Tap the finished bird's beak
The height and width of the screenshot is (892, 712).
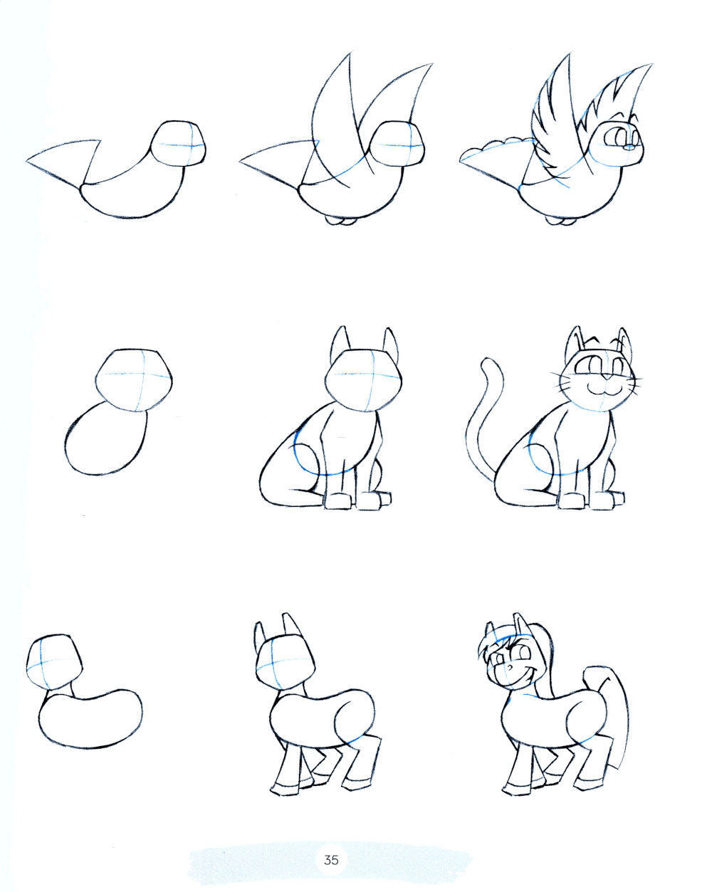point(629,147)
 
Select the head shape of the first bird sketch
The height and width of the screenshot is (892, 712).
point(178,143)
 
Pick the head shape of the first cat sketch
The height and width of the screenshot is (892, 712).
point(134,380)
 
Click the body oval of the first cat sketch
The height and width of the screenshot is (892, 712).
point(105,439)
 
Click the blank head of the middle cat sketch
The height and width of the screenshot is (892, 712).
point(363,381)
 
